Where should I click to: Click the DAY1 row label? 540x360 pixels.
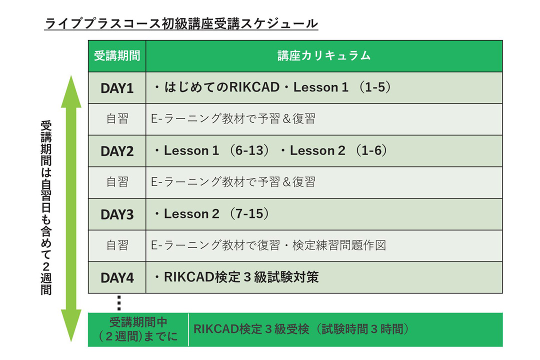click(x=116, y=88)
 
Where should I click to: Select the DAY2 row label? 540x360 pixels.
click(x=116, y=151)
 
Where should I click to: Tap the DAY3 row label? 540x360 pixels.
click(x=116, y=214)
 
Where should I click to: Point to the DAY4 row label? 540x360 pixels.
click(x=116, y=277)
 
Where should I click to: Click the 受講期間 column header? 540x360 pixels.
click(x=117, y=55)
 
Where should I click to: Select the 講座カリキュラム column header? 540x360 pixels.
click(x=324, y=55)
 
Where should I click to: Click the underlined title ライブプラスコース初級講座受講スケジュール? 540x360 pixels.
click(x=181, y=23)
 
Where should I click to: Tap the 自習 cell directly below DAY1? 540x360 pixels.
click(x=117, y=119)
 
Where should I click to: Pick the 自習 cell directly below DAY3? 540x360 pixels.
click(x=117, y=245)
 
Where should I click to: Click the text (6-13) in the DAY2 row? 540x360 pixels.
click(x=249, y=150)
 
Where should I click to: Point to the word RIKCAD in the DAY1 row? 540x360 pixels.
click(x=254, y=87)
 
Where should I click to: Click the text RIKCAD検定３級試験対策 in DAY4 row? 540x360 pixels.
click(x=241, y=277)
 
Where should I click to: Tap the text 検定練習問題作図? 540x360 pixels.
click(x=339, y=245)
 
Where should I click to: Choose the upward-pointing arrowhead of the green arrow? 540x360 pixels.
click(x=71, y=91)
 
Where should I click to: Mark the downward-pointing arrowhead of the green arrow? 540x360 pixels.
click(x=71, y=325)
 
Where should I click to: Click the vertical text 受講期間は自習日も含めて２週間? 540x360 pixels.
click(x=46, y=207)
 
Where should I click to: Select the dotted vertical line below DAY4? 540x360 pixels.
click(x=119, y=303)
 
